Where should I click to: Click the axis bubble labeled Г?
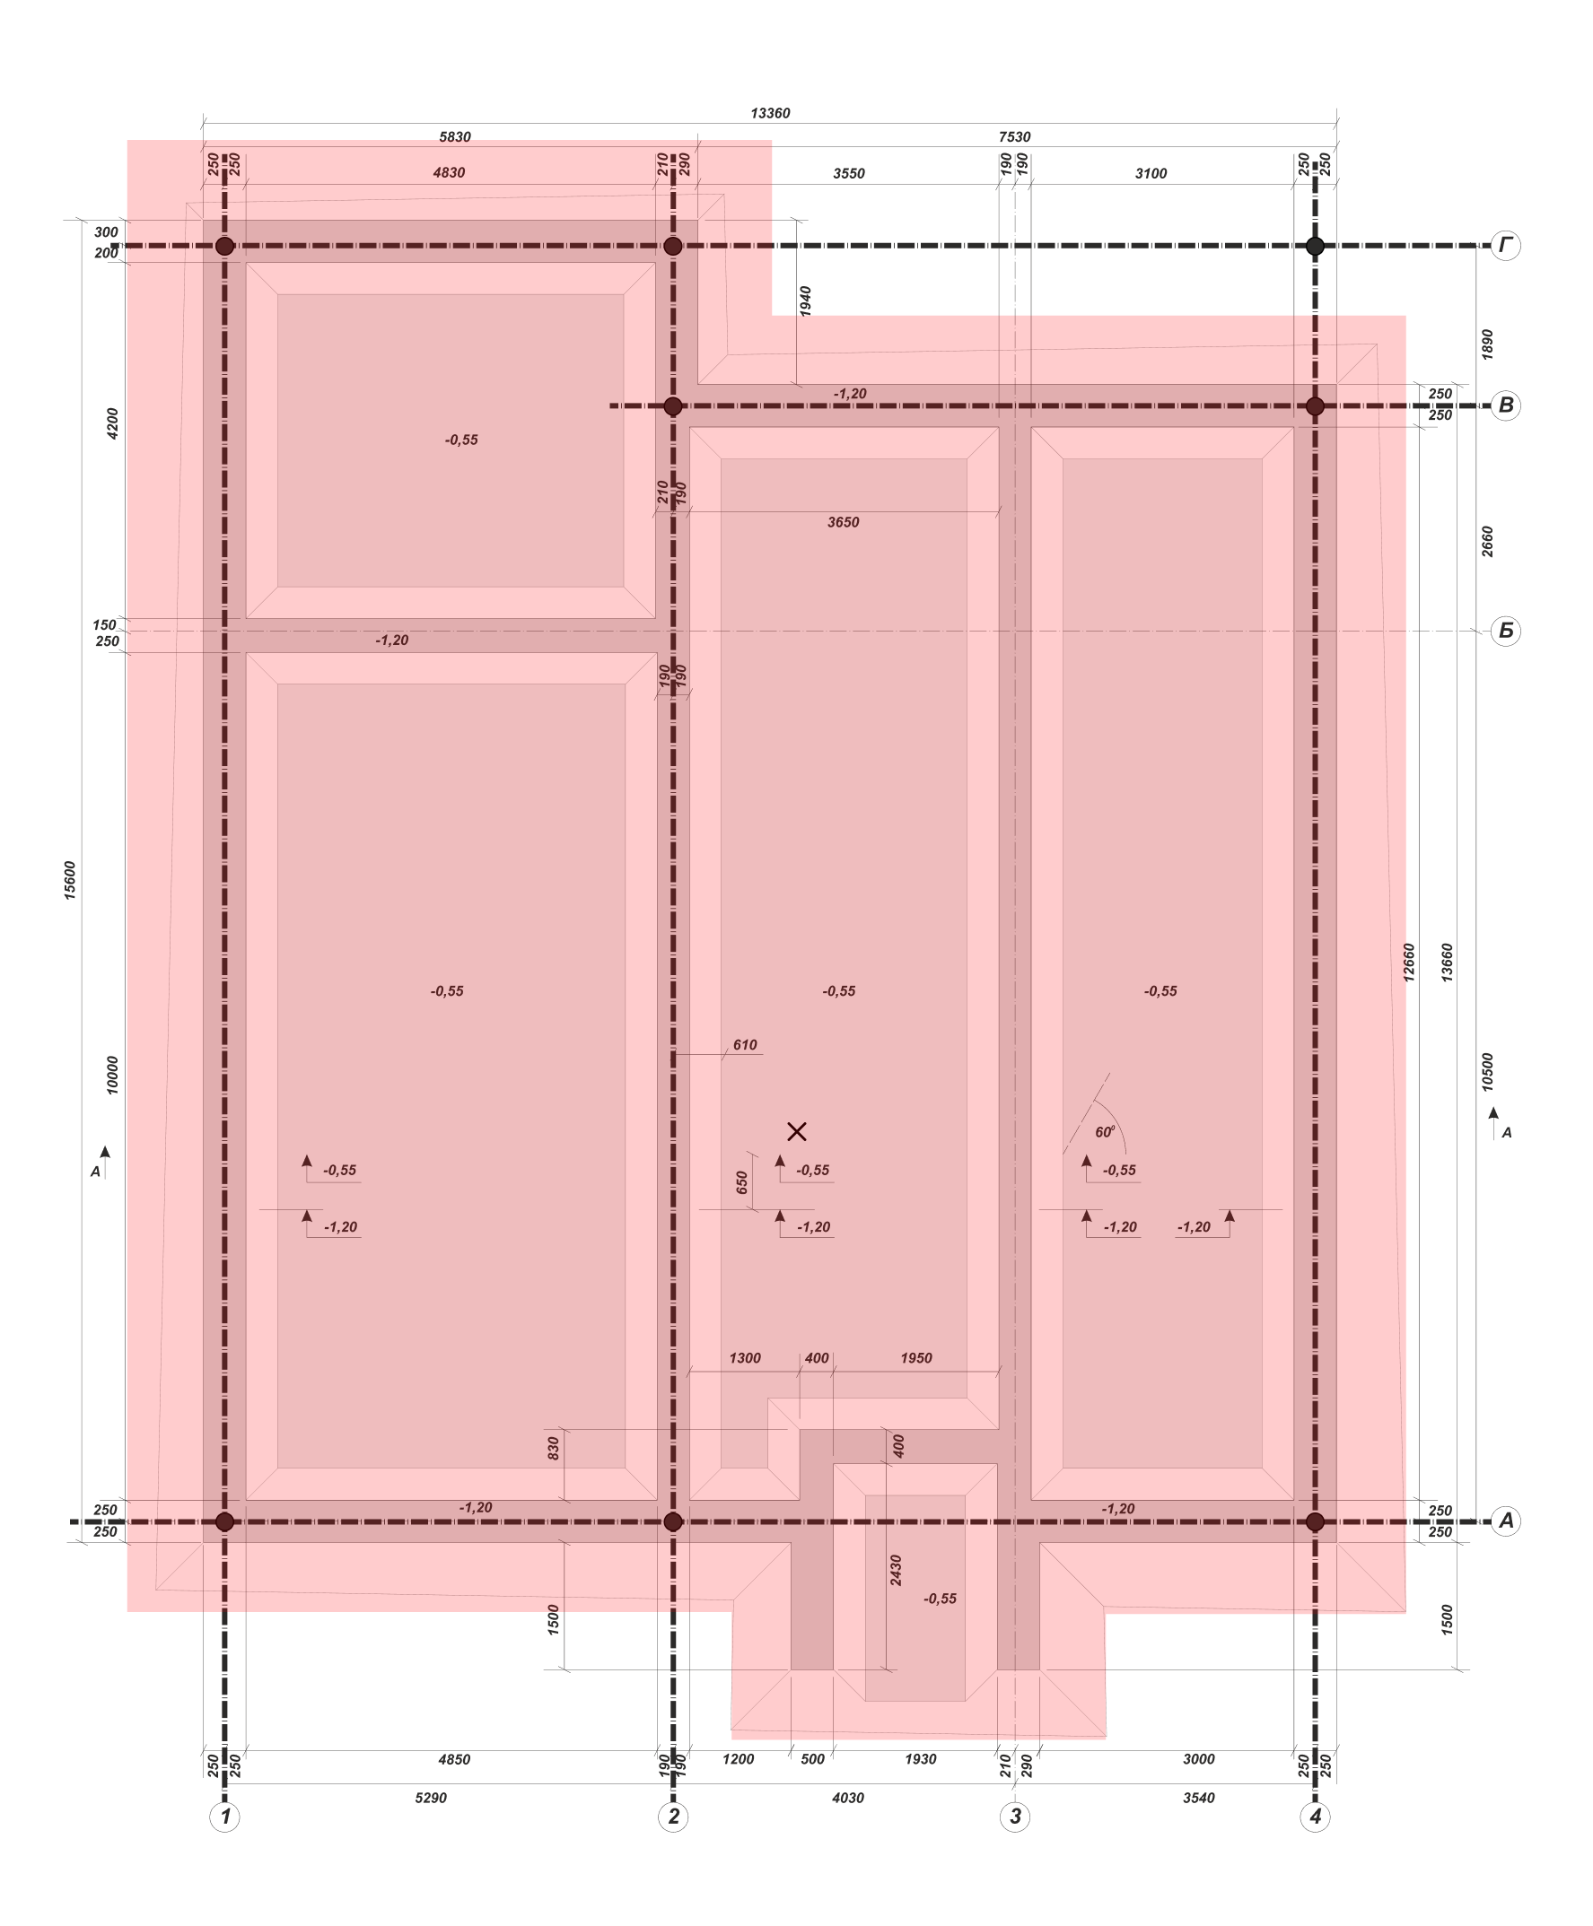click(x=1505, y=246)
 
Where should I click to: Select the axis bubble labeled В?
click(x=1505, y=405)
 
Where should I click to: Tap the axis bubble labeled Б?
click(x=1505, y=631)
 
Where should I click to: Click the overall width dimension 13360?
click(x=770, y=114)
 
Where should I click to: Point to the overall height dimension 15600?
click(x=71, y=880)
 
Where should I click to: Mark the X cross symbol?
click(x=797, y=1132)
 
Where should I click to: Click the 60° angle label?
click(x=1105, y=1132)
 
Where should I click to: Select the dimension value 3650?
click(x=844, y=523)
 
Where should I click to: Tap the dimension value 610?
click(x=745, y=1044)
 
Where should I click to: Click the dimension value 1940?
click(x=806, y=301)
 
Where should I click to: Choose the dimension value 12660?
click(x=1410, y=963)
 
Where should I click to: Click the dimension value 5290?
click(x=431, y=1798)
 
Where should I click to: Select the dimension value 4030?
click(x=848, y=1798)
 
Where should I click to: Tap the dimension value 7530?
click(x=1014, y=137)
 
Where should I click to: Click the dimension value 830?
click(x=554, y=1448)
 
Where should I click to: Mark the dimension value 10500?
click(x=1487, y=1072)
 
